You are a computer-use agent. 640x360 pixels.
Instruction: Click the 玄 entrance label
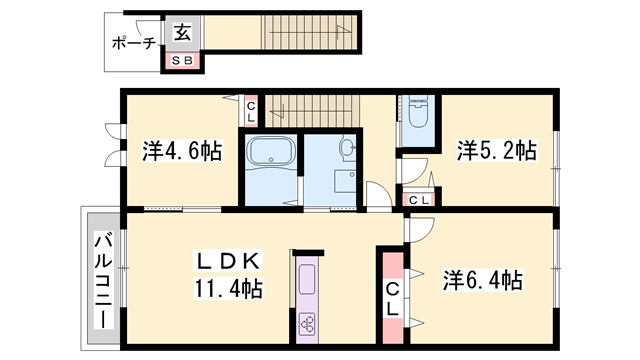(x=182, y=32)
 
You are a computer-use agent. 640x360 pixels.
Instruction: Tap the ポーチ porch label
(x=134, y=42)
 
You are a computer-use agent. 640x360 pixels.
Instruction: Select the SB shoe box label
(x=182, y=61)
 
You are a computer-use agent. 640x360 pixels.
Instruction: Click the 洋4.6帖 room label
(x=182, y=151)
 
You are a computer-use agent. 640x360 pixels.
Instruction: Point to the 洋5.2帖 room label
(x=496, y=150)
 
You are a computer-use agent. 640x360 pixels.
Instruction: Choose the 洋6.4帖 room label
(x=483, y=280)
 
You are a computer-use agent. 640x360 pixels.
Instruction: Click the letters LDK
(x=228, y=261)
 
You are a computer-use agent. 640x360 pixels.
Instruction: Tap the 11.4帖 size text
(x=229, y=289)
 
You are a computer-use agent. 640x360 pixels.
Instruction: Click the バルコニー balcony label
(x=103, y=280)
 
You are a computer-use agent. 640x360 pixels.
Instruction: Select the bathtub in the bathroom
(x=271, y=151)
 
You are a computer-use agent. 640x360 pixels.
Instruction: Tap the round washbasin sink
(x=347, y=146)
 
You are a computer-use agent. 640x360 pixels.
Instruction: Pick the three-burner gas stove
(x=307, y=322)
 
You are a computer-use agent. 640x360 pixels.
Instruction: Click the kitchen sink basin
(x=307, y=279)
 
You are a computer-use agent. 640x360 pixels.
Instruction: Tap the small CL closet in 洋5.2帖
(x=419, y=200)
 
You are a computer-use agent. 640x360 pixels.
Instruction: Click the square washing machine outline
(x=345, y=181)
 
